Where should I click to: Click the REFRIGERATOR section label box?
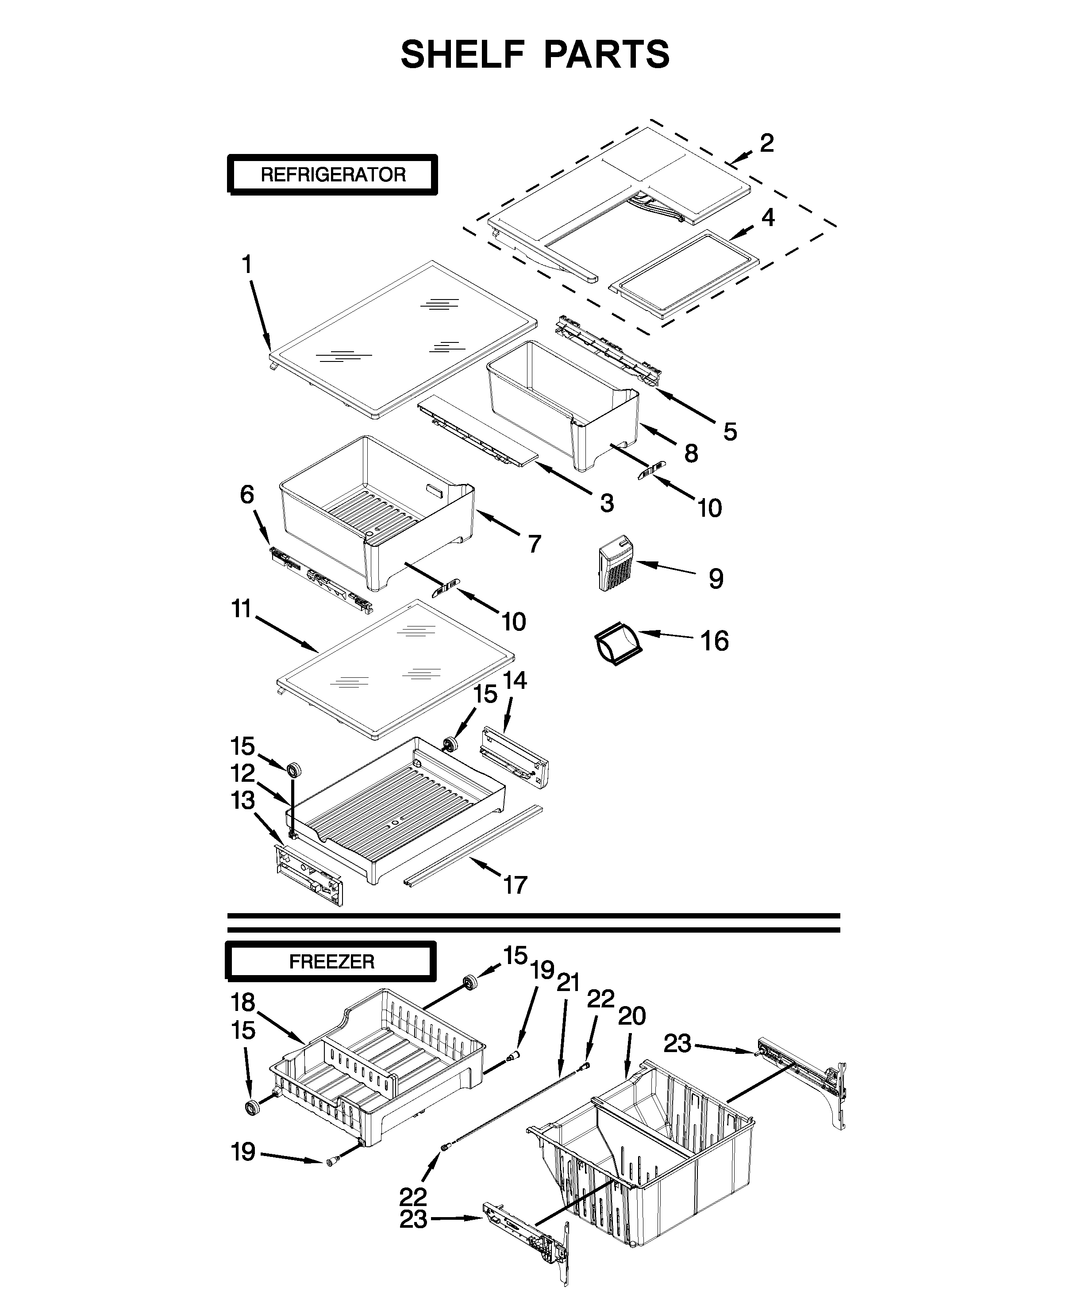click(x=332, y=175)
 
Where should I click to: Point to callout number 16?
click(x=715, y=641)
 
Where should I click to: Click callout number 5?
click(x=730, y=432)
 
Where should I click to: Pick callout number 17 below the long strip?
click(x=515, y=885)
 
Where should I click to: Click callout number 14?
click(x=515, y=680)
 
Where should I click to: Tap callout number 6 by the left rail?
click(x=247, y=494)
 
